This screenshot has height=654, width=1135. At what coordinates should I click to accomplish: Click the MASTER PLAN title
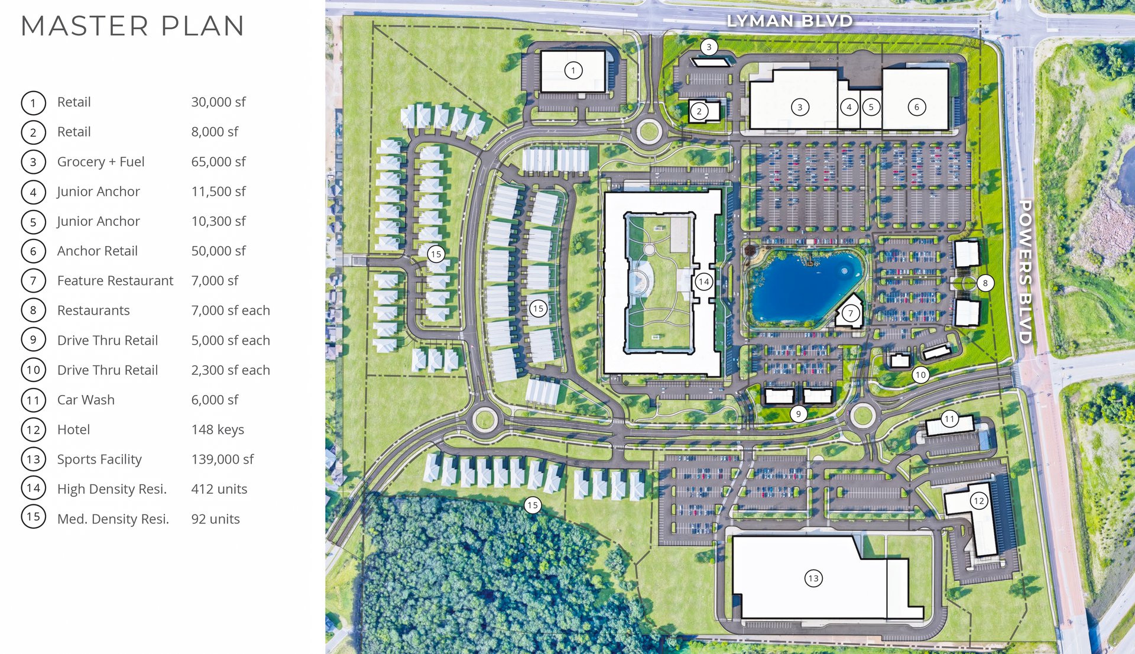132,26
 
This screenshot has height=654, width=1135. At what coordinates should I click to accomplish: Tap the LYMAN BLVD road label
789,21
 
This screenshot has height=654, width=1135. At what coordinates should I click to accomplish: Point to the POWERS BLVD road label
1025,271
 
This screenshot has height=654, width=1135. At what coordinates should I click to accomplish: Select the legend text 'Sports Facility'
99,459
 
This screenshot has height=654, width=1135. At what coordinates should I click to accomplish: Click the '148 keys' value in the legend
218,430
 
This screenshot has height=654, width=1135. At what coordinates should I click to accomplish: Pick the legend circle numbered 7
33,281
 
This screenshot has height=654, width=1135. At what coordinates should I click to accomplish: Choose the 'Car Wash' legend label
86,400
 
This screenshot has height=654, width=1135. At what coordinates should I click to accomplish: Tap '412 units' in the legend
219,489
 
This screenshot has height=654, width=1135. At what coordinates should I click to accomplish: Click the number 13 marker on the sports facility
813,578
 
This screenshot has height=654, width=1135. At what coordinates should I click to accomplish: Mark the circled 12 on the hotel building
979,501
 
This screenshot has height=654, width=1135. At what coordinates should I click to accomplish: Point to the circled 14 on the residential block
703,281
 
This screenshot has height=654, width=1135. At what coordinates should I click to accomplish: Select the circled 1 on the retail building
573,71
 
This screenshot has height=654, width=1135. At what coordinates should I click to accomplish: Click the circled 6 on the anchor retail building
917,107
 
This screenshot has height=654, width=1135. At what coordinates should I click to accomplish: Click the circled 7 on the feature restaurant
851,313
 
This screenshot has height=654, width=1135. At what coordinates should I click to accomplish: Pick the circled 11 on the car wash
949,419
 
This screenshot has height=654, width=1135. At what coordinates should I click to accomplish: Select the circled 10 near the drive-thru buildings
920,374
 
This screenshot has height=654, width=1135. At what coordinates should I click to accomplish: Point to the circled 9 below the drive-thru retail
798,414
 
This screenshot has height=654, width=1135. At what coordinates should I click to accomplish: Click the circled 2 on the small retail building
699,111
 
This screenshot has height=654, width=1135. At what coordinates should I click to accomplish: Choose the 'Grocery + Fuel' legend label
100,162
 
